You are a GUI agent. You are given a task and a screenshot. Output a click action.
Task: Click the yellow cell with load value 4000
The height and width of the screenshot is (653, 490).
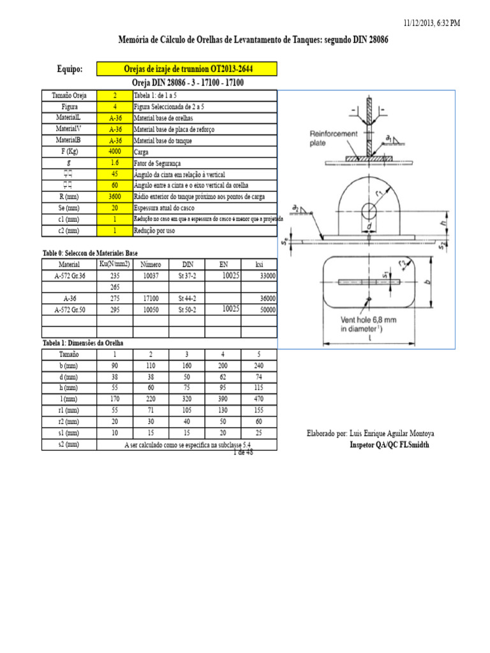point(114,152)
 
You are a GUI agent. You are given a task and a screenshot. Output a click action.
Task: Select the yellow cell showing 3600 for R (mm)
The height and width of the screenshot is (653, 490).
point(114,196)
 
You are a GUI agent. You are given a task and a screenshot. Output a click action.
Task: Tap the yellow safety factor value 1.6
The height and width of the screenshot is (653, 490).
point(114,163)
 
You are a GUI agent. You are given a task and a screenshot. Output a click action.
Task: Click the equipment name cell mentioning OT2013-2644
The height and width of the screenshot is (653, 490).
point(187,69)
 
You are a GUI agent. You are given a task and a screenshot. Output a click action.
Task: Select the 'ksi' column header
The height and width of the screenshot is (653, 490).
point(258,264)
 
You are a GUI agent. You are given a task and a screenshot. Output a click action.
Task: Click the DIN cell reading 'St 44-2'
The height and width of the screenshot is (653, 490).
point(188,298)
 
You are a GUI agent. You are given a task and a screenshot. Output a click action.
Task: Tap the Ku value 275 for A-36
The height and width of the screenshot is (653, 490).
point(115,298)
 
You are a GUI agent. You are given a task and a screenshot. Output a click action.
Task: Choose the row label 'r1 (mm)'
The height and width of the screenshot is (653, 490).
point(69,411)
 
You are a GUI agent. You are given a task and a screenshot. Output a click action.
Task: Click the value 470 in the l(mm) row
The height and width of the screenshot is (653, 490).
point(258,399)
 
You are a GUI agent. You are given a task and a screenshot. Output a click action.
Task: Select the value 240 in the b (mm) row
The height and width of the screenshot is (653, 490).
point(258,365)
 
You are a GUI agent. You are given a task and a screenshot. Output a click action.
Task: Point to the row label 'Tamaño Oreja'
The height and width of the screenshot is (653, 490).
point(69,96)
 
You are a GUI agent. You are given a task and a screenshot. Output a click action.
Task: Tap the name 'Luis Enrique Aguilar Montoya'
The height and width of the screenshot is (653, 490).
point(391,434)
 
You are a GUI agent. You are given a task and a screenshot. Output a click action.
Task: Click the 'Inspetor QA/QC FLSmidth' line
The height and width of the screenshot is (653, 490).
point(389,444)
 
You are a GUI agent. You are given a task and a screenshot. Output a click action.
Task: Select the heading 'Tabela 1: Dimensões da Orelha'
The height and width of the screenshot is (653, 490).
point(83,342)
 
